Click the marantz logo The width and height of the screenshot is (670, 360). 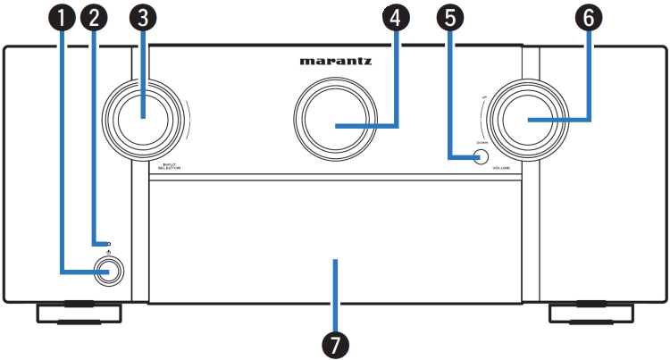336,63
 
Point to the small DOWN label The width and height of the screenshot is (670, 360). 482,142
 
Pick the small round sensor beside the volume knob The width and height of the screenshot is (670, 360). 481,157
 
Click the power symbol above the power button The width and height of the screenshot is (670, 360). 107,254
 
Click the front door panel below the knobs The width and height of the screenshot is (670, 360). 335,241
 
